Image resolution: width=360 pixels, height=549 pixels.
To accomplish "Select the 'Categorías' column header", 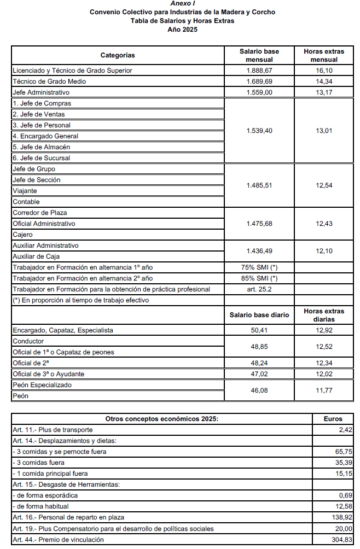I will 118,55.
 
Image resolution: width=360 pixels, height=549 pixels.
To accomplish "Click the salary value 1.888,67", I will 259,71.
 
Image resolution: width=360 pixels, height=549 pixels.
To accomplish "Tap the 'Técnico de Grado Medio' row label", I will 49,81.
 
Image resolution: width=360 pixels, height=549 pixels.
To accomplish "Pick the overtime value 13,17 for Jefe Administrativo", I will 324,92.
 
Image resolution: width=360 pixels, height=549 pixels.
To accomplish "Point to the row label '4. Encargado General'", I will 45,136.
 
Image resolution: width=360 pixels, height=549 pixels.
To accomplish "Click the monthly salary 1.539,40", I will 259,131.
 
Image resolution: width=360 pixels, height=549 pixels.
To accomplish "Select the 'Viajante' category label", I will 25,191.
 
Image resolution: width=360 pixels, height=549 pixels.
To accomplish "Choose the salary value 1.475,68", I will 259,224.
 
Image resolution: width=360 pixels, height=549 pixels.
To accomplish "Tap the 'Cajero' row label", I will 23,235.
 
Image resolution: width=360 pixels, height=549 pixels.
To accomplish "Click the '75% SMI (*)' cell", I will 259,267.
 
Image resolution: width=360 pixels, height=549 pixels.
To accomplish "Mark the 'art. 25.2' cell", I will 259,289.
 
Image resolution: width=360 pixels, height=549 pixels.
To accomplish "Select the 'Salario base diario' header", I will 259,316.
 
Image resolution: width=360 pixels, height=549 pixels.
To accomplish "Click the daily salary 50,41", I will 259,330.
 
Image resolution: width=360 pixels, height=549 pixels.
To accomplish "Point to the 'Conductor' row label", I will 27,341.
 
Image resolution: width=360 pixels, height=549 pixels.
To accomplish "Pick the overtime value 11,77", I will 324,390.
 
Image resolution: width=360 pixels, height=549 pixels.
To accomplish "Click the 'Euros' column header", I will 334,419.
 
